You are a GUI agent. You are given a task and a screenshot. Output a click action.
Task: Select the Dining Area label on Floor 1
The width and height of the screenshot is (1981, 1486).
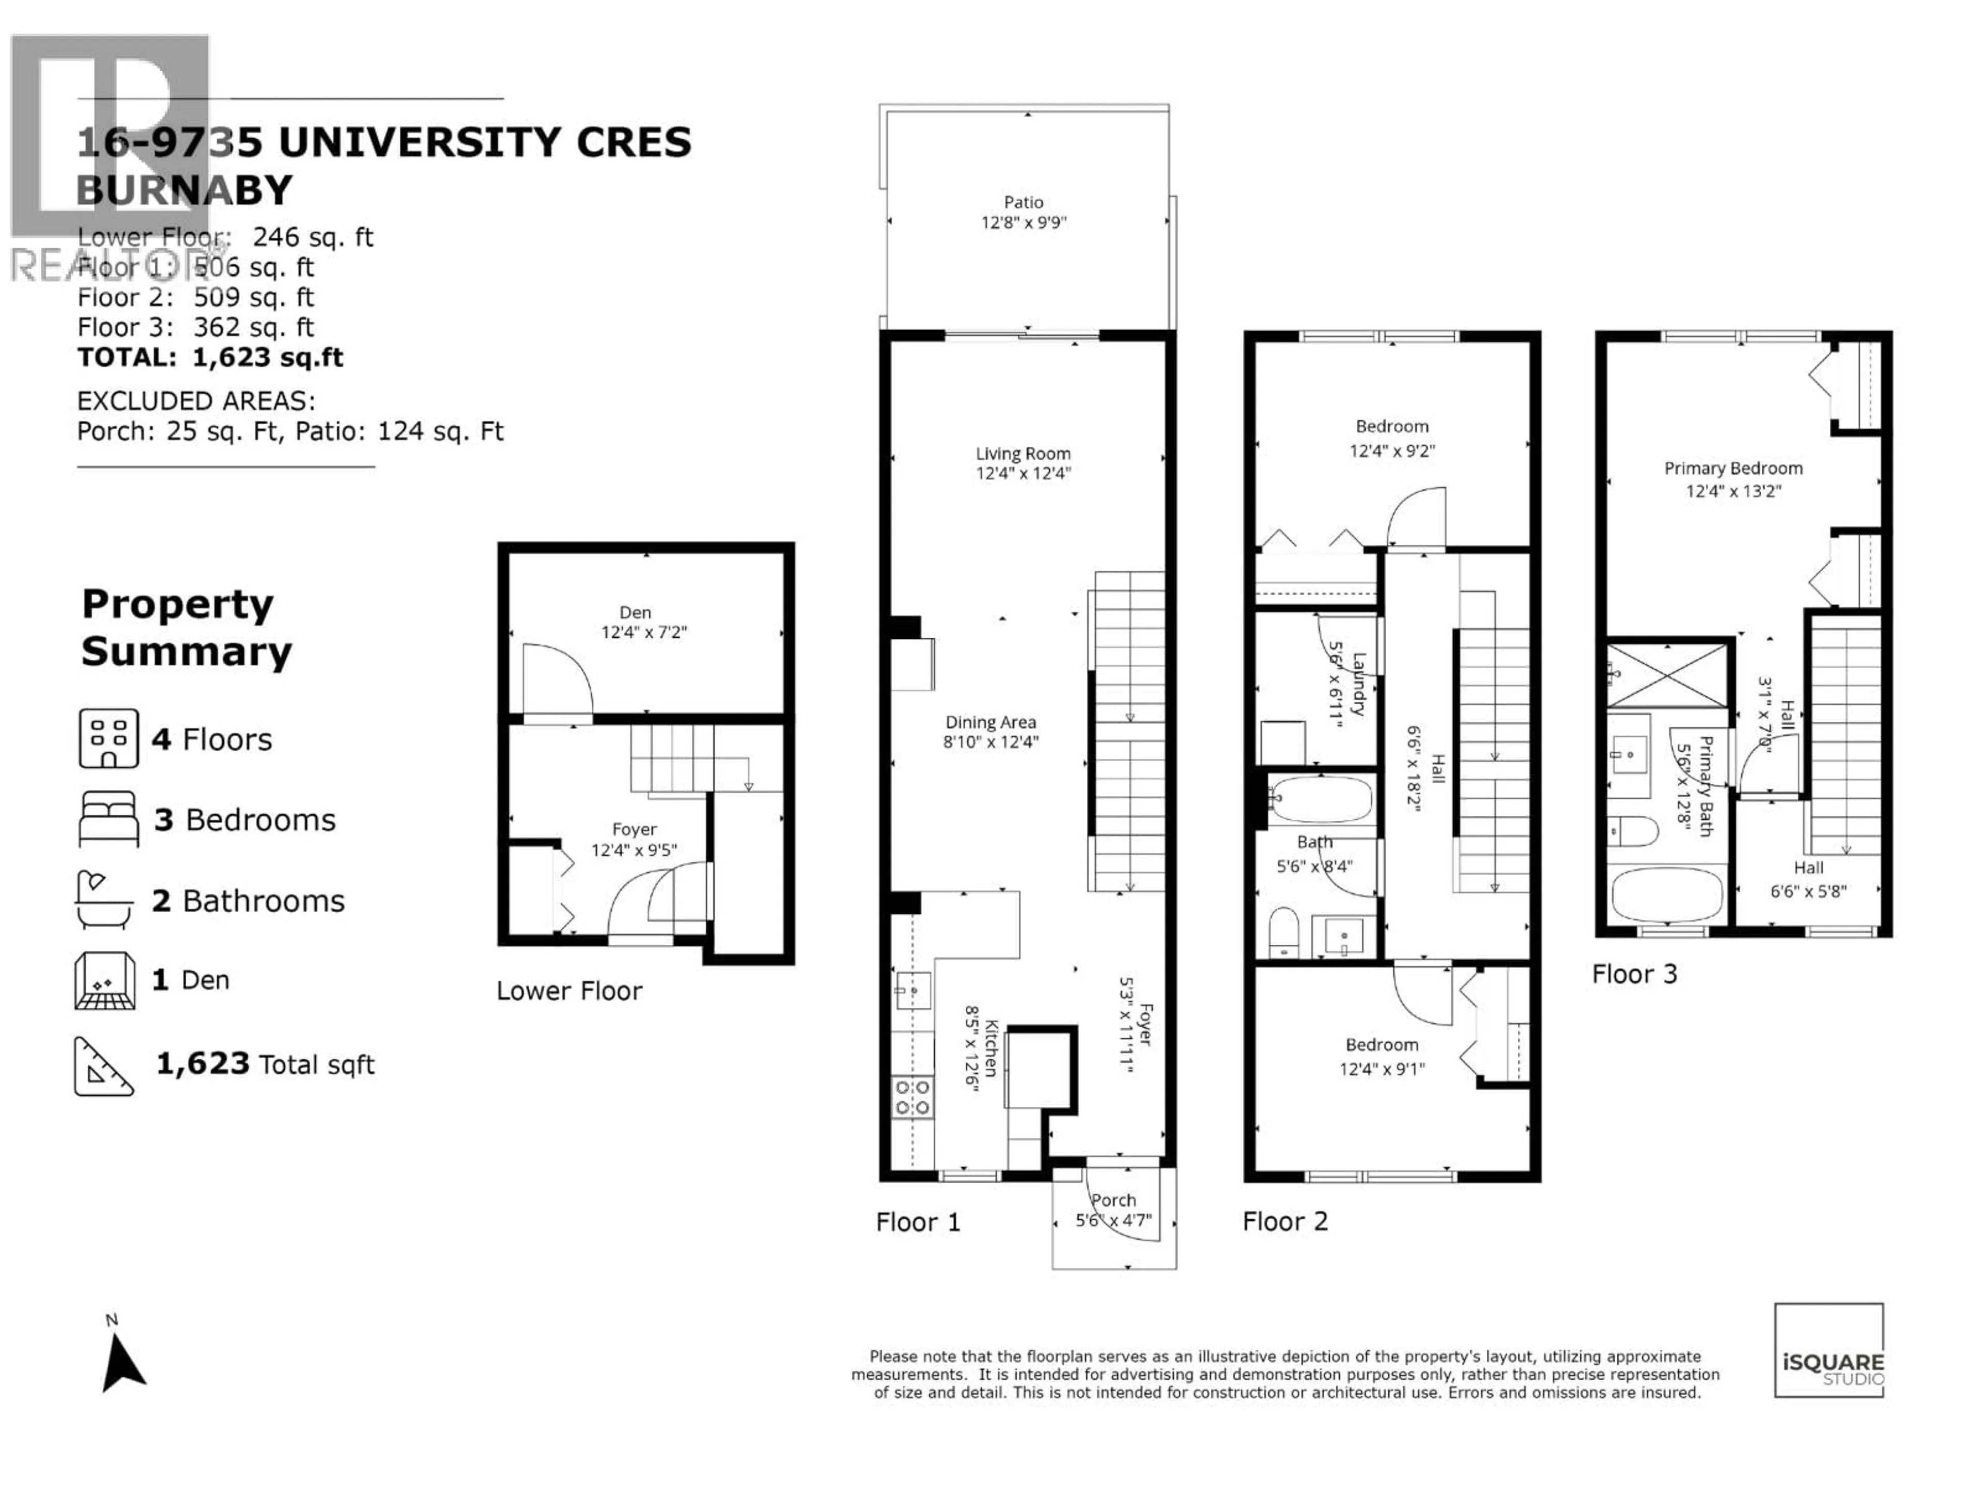pyautogui.click(x=990, y=722)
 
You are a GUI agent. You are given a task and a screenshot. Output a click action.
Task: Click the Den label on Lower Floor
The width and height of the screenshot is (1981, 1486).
pyautogui.click(x=635, y=612)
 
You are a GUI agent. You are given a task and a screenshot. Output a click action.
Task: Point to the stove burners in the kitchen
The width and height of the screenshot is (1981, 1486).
pyautogui.click(x=912, y=1097)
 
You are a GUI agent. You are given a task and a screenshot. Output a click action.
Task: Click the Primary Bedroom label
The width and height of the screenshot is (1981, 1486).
pyautogui.click(x=1733, y=469)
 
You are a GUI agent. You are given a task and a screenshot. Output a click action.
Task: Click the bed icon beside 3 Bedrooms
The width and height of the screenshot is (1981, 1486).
pyautogui.click(x=108, y=819)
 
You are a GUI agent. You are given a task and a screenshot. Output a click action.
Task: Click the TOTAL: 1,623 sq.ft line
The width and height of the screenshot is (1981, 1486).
pyautogui.click(x=210, y=358)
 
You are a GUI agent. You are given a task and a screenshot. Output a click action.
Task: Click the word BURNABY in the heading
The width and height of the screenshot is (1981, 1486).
pyautogui.click(x=185, y=190)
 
